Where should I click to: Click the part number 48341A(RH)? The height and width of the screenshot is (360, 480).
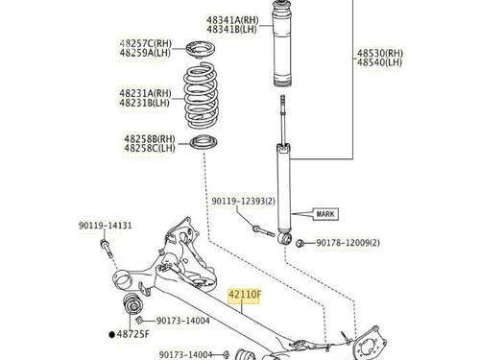tap(232, 20)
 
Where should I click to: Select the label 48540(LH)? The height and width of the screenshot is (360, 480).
tap(379, 62)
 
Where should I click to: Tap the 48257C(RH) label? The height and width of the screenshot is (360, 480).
tap(146, 43)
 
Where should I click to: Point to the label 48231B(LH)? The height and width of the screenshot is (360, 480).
tap(144, 103)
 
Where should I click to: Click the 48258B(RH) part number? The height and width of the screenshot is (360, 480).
tap(150, 139)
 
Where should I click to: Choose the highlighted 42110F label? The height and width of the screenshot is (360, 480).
tap(245, 294)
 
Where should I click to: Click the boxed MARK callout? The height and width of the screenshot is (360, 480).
tap(325, 214)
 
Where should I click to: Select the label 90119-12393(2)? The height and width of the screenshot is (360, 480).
tap(244, 202)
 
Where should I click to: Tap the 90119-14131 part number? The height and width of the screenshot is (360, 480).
tap(106, 226)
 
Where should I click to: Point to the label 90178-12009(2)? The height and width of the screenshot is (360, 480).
tap(348, 243)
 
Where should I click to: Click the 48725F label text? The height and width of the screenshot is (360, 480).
tap(132, 334)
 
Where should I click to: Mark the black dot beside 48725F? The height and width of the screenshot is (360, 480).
tap(111, 335)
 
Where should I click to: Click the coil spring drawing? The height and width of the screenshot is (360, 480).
tap(201, 96)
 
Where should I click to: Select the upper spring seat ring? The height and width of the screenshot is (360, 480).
tap(201, 50)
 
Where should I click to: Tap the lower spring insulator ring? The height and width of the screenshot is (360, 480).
tap(204, 142)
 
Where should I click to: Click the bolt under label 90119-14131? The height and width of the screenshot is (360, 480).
tap(106, 248)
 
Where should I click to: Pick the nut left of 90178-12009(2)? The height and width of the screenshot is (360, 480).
tap(300, 243)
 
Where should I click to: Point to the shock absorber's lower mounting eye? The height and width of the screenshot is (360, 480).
tap(284, 239)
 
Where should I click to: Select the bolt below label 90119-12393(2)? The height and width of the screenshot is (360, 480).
tap(264, 231)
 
